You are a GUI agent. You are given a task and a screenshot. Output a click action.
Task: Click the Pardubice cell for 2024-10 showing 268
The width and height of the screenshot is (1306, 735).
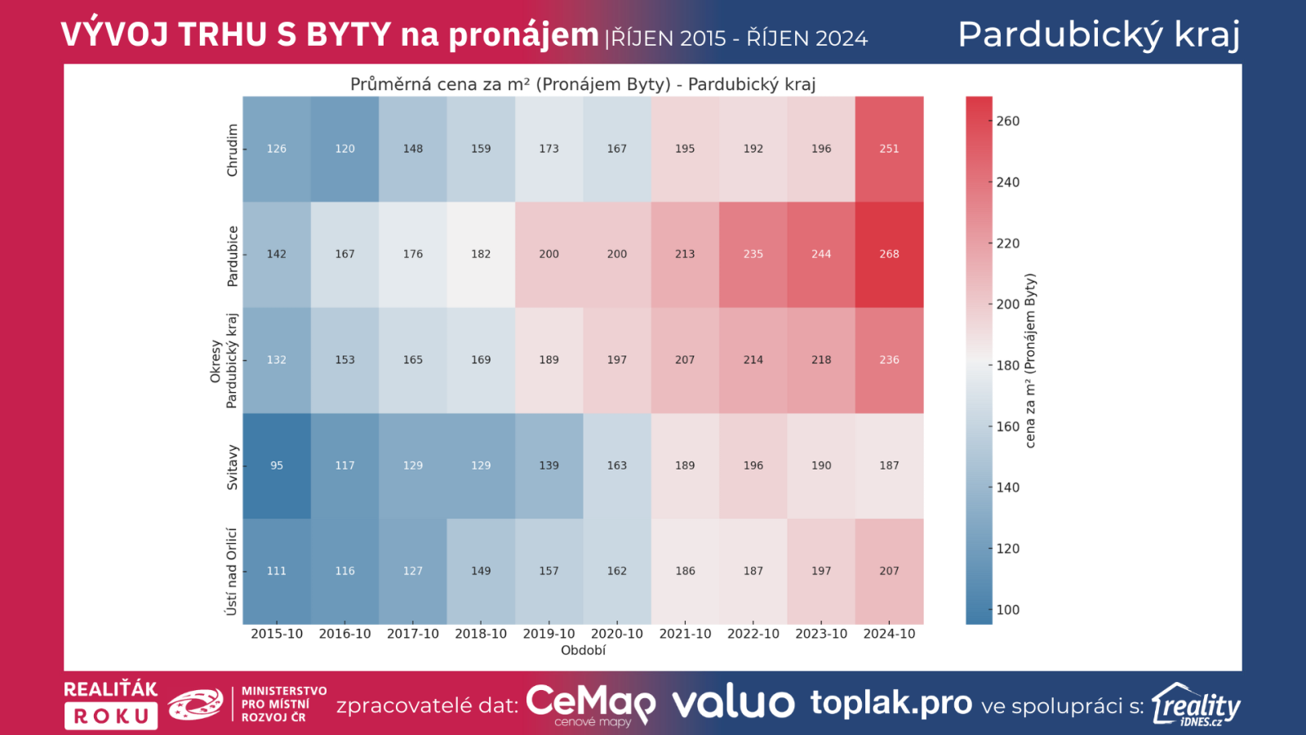(889, 254)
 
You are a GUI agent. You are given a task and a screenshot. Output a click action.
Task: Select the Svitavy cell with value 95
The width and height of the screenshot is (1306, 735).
(277, 465)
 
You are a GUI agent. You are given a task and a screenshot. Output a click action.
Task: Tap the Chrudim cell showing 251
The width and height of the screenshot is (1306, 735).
(889, 149)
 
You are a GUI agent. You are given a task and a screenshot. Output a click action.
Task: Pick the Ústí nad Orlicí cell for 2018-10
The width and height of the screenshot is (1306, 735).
(481, 571)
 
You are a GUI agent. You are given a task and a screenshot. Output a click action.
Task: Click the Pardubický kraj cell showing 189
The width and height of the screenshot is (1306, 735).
(549, 359)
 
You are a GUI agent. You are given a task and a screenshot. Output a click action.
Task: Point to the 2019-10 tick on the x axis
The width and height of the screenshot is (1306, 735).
(549, 634)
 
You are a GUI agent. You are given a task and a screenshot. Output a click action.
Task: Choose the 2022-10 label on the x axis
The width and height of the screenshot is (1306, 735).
(753, 634)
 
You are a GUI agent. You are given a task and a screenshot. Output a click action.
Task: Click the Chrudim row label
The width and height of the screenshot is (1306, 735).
(233, 150)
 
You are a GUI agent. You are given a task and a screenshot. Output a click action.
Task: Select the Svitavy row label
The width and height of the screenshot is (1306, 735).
(233, 467)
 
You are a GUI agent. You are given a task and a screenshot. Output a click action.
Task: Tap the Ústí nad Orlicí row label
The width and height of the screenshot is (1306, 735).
(232, 572)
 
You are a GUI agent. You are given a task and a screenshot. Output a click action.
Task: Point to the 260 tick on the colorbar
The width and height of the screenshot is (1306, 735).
(1008, 121)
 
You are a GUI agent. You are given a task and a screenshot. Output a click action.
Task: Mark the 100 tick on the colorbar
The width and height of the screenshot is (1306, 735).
(1008, 609)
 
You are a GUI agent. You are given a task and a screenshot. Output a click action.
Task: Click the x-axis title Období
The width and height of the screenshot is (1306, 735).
(583, 651)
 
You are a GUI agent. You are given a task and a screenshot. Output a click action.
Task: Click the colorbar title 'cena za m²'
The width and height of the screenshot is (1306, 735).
(1030, 360)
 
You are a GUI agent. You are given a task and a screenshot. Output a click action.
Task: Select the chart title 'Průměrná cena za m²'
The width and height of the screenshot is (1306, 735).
(583, 84)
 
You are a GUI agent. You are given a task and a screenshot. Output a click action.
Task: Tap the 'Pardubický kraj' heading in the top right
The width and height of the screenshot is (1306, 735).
(1099, 34)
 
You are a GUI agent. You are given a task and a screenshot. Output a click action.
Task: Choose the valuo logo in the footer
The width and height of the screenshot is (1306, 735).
(733, 703)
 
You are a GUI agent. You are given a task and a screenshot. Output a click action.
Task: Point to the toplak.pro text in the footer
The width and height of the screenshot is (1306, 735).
(891, 702)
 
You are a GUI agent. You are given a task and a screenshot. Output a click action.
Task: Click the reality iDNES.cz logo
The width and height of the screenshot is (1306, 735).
(1196, 705)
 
